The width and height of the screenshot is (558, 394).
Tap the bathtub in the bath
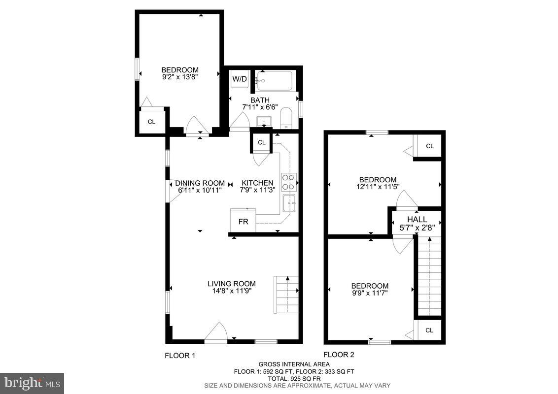[x=274, y=81]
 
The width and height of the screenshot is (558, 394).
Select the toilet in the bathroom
[x=286, y=119]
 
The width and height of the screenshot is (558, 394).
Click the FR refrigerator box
[x=243, y=221]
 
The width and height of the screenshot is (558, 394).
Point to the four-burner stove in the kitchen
[x=288, y=182]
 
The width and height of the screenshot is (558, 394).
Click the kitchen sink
[x=289, y=202]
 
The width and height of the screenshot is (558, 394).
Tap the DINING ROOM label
[x=200, y=183]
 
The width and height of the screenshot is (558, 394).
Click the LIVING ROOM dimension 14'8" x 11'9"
[x=231, y=291]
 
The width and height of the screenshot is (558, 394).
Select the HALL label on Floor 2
[x=417, y=219]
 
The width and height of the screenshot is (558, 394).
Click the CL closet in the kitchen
[x=262, y=142]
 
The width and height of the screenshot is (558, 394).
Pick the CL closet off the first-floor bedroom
[x=151, y=121]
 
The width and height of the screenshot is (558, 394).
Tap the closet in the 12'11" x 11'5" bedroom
[x=429, y=146]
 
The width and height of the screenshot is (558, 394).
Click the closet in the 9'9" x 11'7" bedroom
[x=429, y=330]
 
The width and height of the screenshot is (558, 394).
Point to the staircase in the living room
[x=286, y=295]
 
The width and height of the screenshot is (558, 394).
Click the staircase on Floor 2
[x=429, y=276]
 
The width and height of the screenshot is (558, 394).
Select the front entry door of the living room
[x=215, y=335]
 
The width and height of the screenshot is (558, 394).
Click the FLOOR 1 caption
[x=180, y=355]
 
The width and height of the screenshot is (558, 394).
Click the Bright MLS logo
[x=32, y=382]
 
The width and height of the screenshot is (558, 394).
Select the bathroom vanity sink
[x=264, y=121]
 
